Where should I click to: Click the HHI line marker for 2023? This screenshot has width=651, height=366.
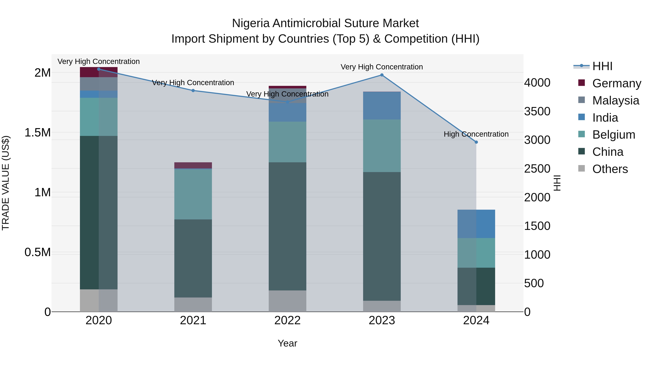(x=382, y=75)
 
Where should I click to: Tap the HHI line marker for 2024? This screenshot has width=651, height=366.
(x=476, y=142)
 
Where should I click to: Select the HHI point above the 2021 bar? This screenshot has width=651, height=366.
(x=193, y=90)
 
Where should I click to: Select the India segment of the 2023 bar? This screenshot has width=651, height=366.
(x=382, y=106)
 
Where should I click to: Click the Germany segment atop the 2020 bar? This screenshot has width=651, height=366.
(x=99, y=72)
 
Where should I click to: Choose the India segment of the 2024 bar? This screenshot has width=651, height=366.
(x=476, y=224)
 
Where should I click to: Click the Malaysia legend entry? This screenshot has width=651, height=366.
(x=616, y=100)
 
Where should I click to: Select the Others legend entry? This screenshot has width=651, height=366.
(x=610, y=169)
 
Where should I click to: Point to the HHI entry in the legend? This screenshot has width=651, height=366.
(x=602, y=66)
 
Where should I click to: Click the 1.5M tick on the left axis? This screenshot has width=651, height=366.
(x=38, y=133)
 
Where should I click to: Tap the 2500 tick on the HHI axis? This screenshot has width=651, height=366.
(x=537, y=169)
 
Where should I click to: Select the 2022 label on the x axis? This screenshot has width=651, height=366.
(x=287, y=320)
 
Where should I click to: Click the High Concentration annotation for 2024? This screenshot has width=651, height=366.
(x=476, y=134)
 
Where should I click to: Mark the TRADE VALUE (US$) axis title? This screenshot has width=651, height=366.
(x=6, y=183)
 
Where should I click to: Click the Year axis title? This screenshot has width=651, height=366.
(x=287, y=343)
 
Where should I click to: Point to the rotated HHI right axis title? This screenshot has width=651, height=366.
(x=557, y=183)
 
